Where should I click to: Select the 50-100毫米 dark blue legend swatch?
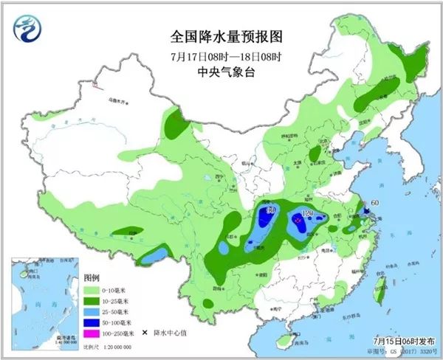click(95, 322)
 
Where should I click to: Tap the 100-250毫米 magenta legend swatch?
click(95, 334)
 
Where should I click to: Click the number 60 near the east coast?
click(374, 202)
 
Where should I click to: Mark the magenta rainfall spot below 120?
click(298, 220)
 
